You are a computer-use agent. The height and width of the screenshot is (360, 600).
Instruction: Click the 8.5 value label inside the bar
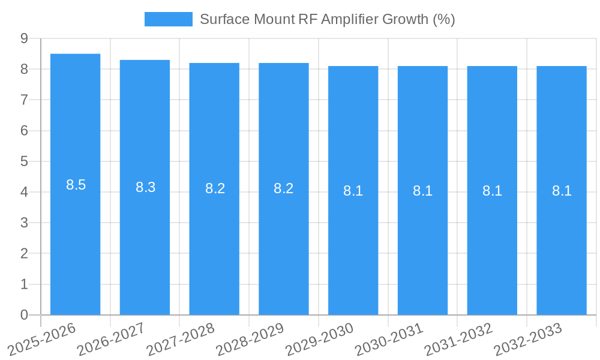[76, 185]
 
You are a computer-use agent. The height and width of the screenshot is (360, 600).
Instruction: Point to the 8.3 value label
[145, 187]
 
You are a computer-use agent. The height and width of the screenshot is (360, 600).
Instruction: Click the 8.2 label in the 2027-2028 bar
[215, 188]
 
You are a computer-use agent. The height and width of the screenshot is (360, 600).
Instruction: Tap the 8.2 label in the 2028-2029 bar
[283, 188]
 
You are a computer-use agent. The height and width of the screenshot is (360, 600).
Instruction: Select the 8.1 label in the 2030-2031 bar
[422, 191]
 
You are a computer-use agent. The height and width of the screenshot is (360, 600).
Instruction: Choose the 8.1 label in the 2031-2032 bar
[492, 191]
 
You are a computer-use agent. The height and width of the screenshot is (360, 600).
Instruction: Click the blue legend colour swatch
[168, 19]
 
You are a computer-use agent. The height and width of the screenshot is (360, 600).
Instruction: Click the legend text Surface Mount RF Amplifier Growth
[327, 19]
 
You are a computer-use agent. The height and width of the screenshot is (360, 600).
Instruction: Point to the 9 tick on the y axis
[24, 38]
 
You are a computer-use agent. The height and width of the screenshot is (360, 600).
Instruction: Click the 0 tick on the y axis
[24, 315]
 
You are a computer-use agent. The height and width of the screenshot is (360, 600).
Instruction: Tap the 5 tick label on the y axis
[24, 161]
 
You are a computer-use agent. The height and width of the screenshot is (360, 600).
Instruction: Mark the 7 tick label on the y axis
[24, 100]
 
